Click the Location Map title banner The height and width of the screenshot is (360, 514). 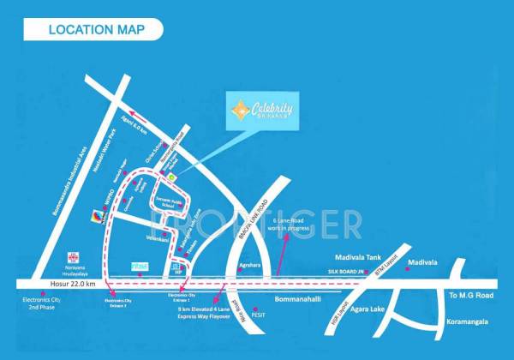tap(93, 29)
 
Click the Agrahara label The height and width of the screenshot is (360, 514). tap(248, 266)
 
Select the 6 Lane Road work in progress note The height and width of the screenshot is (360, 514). tap(295, 225)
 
